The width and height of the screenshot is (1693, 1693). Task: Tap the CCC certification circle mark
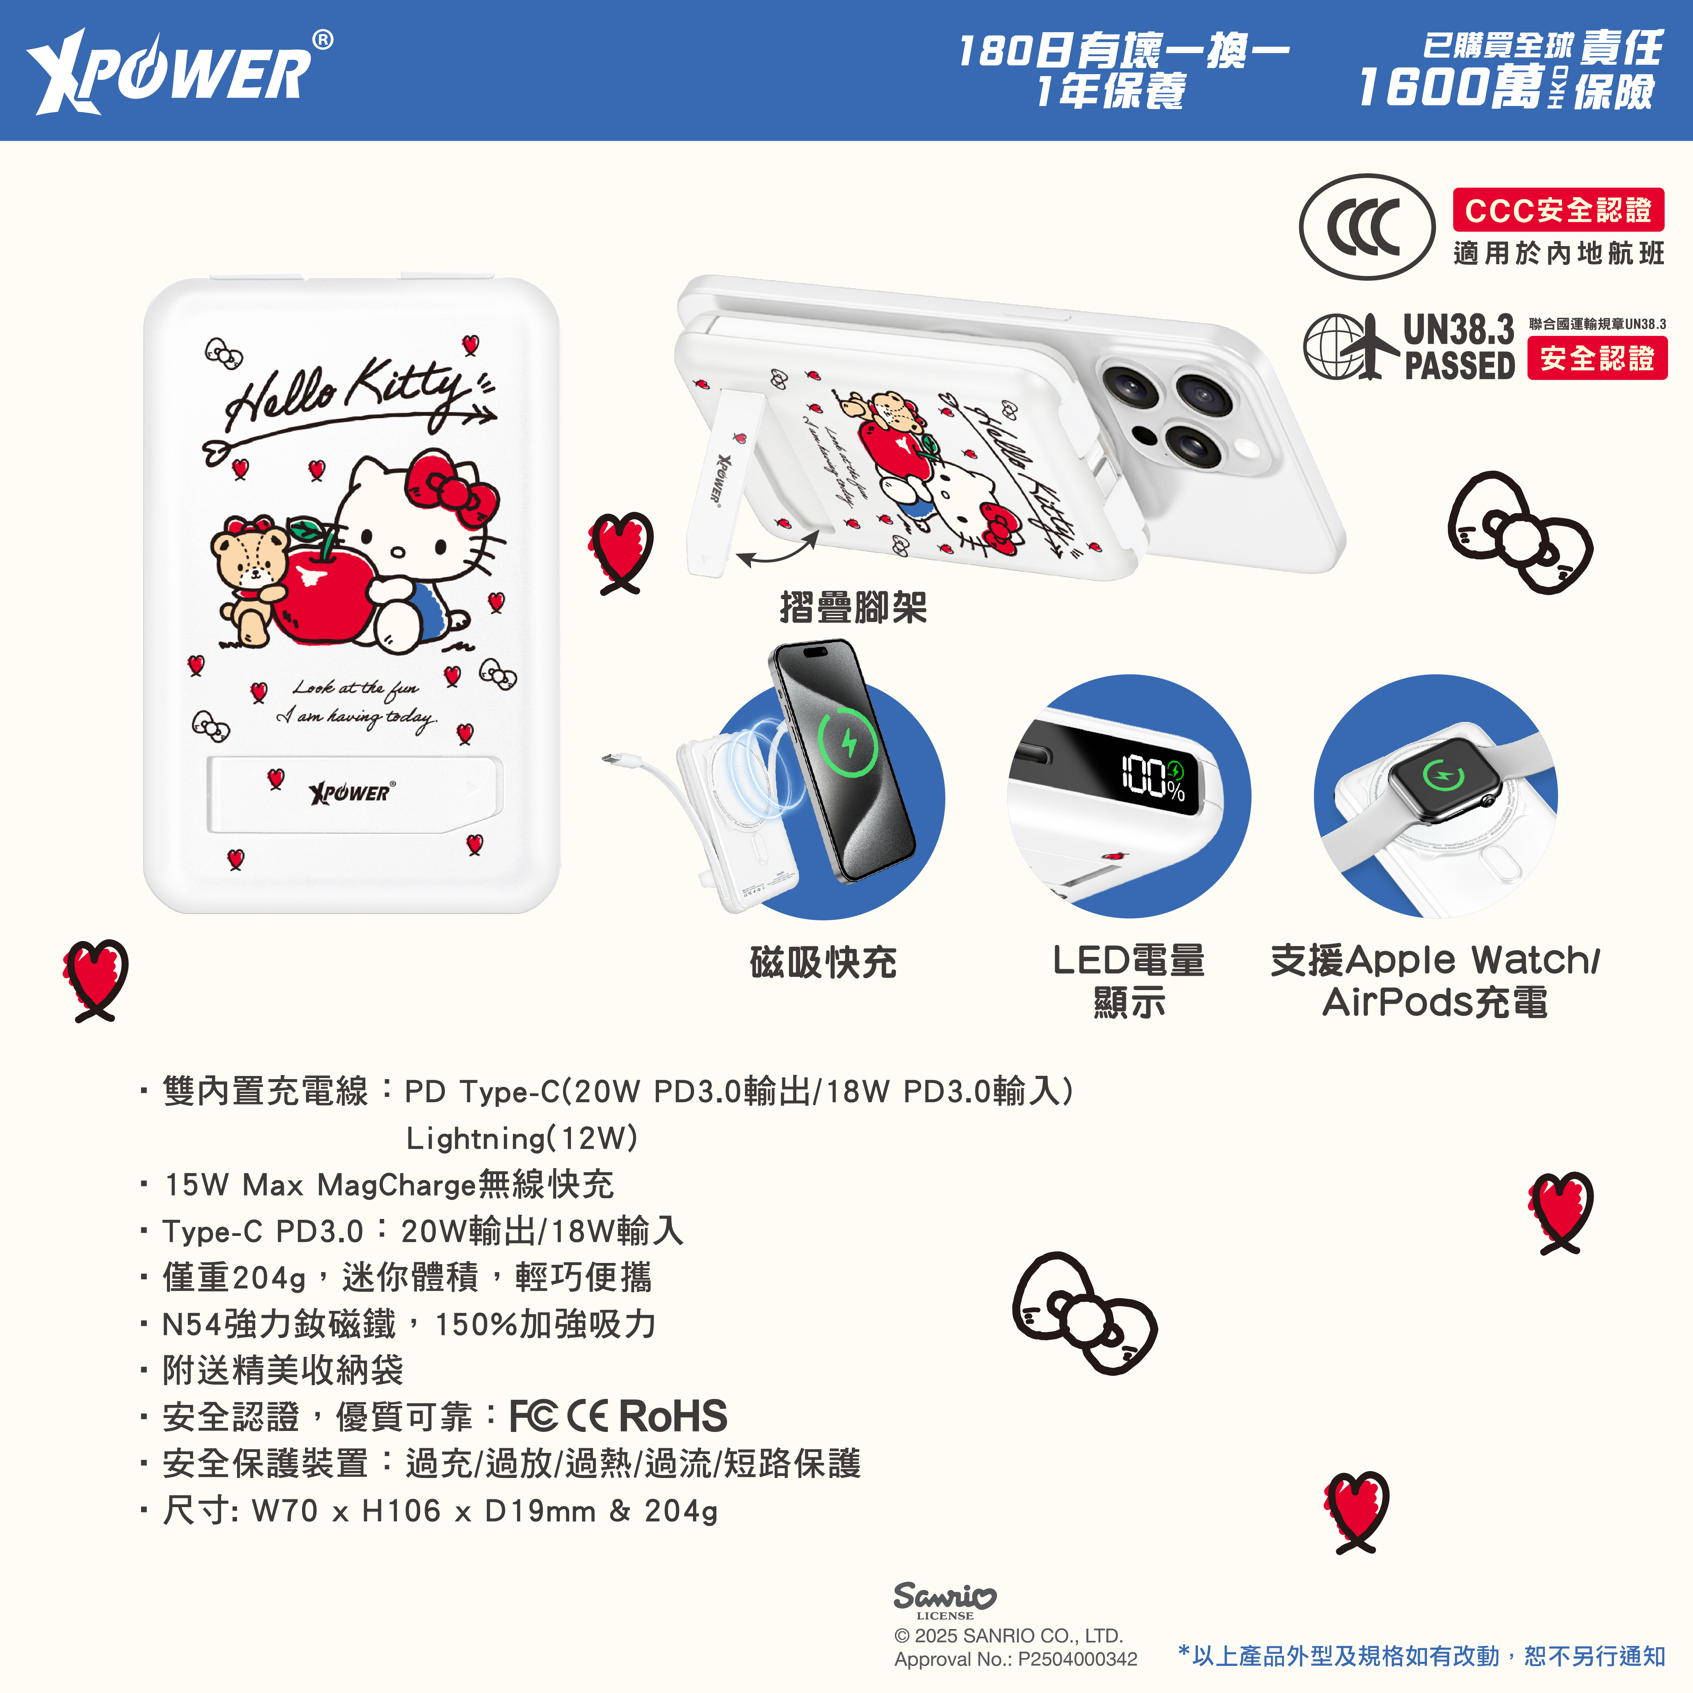pyautogui.click(x=1366, y=227)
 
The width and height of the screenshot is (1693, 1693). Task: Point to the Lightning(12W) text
pyautogui.click(x=521, y=1138)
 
